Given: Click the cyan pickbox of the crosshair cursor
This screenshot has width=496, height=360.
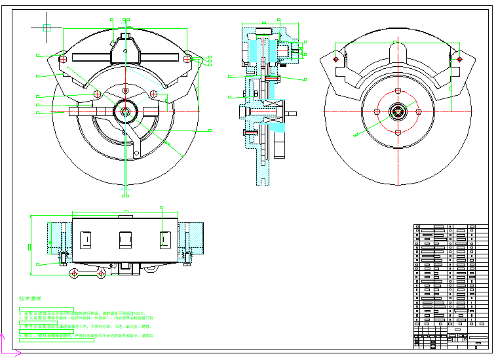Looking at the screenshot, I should [x=47, y=28].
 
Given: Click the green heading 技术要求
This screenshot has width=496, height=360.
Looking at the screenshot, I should [x=29, y=298].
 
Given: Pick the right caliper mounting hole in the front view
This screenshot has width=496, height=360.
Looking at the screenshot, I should [x=187, y=59].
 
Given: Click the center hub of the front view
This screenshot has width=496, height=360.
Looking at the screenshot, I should [x=124, y=111].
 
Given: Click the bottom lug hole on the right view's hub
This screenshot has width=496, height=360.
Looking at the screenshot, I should [x=398, y=132].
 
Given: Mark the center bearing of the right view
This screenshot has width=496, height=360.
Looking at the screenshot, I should [x=398, y=112].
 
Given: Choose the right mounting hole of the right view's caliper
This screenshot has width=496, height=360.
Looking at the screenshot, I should [x=459, y=59].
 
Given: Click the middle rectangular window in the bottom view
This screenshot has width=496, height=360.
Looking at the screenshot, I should [x=125, y=239].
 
